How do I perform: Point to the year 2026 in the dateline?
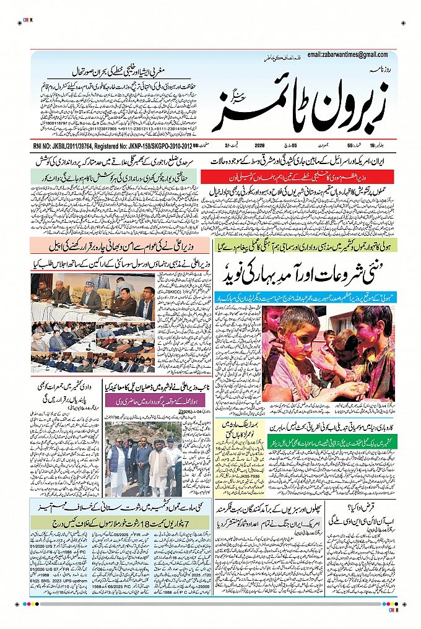point(259,145)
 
